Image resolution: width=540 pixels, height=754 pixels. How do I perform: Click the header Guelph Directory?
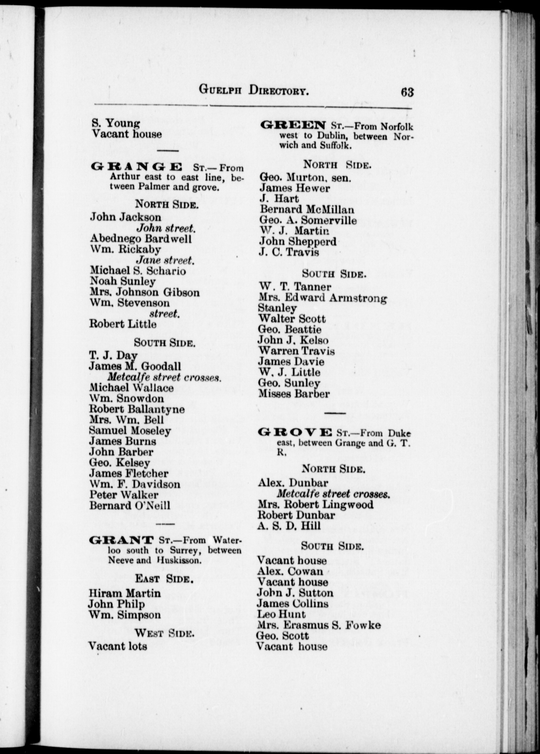(254, 91)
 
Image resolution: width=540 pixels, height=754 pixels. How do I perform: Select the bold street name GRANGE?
(136, 167)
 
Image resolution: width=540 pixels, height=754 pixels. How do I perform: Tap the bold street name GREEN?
(293, 125)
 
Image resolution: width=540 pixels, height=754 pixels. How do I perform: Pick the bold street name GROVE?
(294, 433)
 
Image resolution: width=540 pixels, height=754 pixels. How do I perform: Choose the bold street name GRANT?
(121, 540)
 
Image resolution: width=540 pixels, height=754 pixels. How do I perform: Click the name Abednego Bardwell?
(141, 239)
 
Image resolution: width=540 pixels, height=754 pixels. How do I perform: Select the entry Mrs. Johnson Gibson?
(145, 292)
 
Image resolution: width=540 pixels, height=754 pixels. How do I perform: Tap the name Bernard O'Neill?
(130, 506)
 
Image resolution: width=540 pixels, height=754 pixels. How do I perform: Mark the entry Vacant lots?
(118, 646)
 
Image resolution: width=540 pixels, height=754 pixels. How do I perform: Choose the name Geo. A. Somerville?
(308, 220)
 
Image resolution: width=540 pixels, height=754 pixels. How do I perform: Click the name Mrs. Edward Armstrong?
(323, 298)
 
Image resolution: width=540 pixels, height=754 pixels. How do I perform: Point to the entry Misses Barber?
(294, 394)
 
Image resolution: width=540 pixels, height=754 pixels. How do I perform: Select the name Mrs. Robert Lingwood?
(315, 504)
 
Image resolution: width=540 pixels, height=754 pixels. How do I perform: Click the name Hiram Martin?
(125, 593)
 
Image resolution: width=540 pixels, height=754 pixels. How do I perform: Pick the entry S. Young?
(116, 123)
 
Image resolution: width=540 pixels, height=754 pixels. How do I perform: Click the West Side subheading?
(164, 634)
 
